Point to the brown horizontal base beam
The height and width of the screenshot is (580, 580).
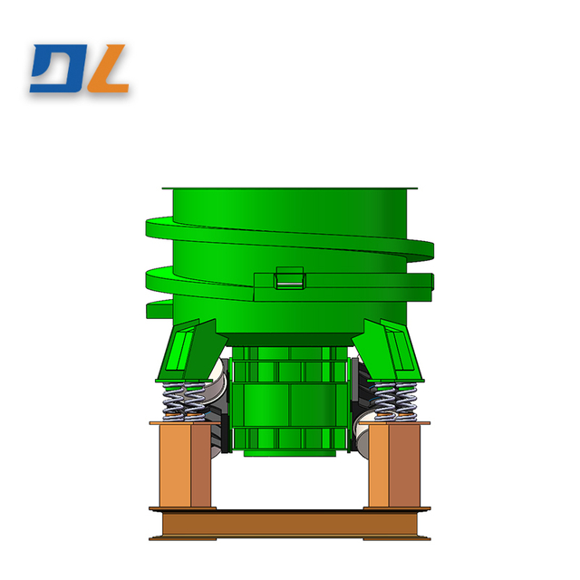[x=290, y=524]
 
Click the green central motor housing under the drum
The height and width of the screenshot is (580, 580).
[x=288, y=399]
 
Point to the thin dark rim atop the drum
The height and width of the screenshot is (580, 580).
[x=290, y=188]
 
